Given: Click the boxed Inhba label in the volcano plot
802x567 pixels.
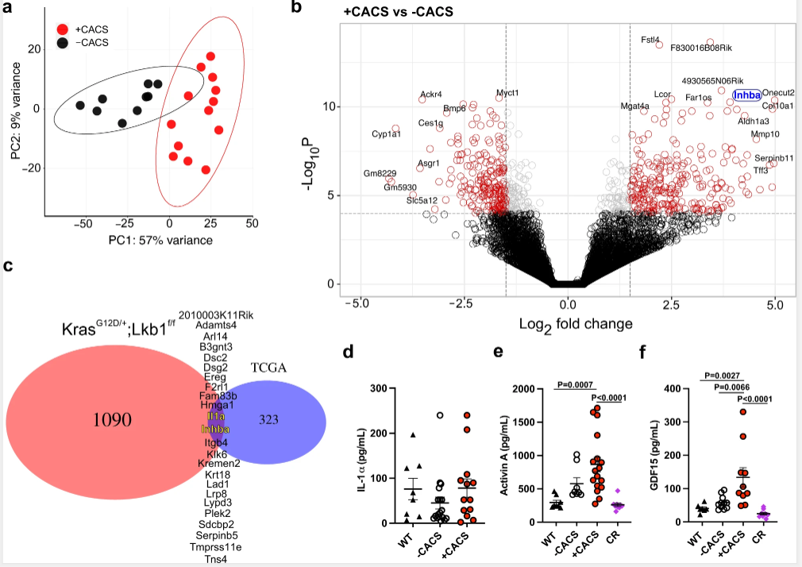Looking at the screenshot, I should pos(746,94).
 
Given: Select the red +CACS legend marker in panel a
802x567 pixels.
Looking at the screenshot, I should pos(63,29).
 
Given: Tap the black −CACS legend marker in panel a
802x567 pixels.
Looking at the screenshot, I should pos(63,42).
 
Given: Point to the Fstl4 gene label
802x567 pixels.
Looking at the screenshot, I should pos(650,40).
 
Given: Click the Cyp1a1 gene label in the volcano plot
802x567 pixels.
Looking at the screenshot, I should pos(387,134).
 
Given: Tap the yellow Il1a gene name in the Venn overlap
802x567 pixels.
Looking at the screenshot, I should pos(217,416).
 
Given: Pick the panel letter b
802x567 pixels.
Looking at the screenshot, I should pos(295,8).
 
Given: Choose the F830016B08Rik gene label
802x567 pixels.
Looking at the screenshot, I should pos(701,48).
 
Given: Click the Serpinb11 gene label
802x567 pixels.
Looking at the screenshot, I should pos(773,158).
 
